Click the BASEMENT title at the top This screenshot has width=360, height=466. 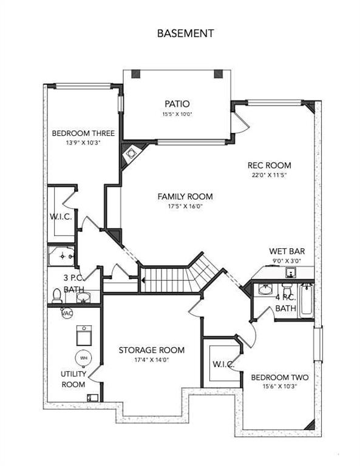coord(186,33)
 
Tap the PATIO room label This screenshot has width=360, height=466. coord(177,104)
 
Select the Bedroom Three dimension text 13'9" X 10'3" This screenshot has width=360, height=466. coord(83,143)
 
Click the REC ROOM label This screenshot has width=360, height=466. coord(270,165)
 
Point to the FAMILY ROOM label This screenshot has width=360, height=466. coord(185,197)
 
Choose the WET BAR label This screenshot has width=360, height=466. coord(287,251)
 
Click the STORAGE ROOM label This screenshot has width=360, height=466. coord(152,350)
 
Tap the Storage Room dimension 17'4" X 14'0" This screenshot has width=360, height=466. coord(152,360)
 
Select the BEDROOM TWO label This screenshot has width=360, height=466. coord(280,377)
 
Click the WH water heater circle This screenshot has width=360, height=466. coord(84,358)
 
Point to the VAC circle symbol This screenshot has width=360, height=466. coord(67,313)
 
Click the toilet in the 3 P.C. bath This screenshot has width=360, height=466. coord(56,295)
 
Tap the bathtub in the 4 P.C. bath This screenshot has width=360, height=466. coord(306,300)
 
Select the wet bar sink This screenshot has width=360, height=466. coord(290,272)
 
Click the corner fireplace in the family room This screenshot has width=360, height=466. coord(131,154)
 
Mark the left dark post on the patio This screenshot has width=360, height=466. coord(135,74)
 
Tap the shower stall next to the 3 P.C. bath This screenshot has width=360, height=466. coord(61,255)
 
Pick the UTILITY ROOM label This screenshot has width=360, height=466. coord(73,379)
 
